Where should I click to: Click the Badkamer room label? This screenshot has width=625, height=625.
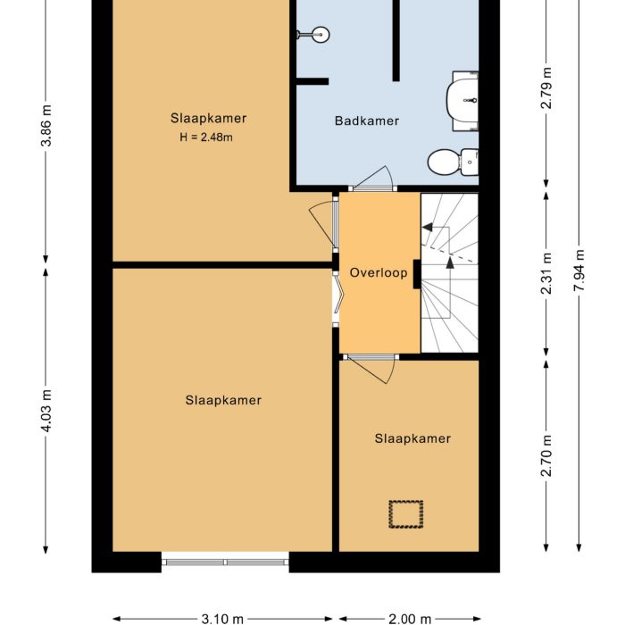click(x=366, y=121)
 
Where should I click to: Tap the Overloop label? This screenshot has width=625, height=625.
click(x=379, y=272)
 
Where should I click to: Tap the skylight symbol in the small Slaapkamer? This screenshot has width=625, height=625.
click(x=404, y=513)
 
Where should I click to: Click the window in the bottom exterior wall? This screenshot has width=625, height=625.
click(x=225, y=562)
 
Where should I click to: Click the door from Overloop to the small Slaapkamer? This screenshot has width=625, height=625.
click(x=371, y=364)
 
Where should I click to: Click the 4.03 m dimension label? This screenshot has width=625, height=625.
click(x=47, y=408)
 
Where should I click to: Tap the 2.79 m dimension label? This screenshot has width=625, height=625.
click(x=547, y=89)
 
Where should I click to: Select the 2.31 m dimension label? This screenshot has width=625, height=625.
click(x=547, y=273)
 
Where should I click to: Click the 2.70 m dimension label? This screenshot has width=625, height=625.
click(x=547, y=455)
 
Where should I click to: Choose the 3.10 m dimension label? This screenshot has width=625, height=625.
click(x=223, y=618)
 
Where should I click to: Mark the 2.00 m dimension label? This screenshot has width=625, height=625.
click(x=409, y=618)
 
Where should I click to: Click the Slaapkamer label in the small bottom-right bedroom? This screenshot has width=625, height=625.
click(x=412, y=438)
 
